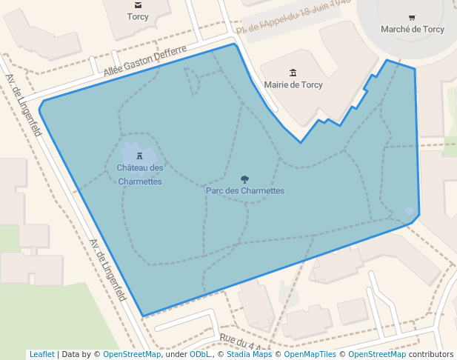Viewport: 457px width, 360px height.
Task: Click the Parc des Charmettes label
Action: click(244, 190)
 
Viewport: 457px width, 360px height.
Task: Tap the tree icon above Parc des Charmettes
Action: click(244, 179)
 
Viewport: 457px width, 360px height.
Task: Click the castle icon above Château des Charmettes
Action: click(139, 156)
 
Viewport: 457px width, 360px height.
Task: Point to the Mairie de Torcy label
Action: click(293, 84)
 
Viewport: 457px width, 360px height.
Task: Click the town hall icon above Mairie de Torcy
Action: click(293, 73)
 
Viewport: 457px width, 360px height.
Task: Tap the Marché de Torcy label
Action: click(412, 29)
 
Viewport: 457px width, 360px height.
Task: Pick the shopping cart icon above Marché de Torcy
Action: click(412, 17)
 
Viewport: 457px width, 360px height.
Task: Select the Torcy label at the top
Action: click(138, 16)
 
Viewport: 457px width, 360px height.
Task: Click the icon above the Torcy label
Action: click(138, 4)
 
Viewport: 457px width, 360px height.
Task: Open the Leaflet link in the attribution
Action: click(41, 354)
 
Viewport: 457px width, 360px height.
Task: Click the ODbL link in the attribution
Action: click(199, 354)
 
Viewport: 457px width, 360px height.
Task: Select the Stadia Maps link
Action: click(247, 354)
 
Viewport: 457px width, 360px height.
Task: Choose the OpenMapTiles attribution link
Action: click(310, 354)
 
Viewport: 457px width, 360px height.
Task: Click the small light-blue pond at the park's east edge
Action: click(410, 212)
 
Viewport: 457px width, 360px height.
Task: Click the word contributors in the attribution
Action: click(431, 354)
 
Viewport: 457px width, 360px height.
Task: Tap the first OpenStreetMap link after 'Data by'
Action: click(132, 354)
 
